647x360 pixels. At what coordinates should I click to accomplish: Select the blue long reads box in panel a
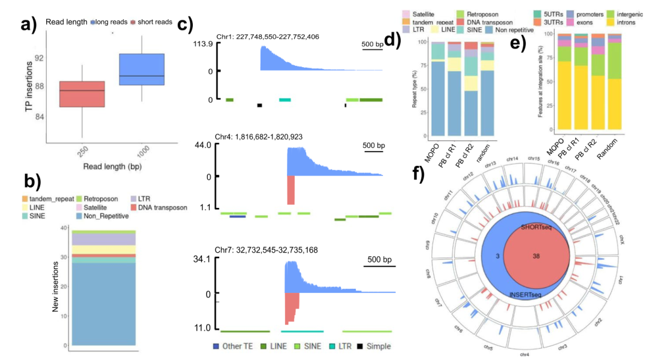(x=142, y=69)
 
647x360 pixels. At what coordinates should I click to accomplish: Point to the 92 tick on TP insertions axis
(x=38, y=58)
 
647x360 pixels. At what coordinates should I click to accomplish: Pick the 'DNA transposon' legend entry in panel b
(x=162, y=208)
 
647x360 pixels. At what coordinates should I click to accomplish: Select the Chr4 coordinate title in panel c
(x=259, y=137)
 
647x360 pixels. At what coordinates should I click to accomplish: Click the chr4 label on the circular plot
(x=525, y=355)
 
